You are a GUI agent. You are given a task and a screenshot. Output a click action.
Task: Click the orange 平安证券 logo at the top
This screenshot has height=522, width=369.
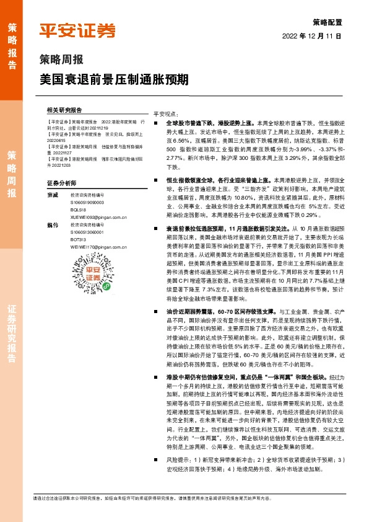tap(77, 30)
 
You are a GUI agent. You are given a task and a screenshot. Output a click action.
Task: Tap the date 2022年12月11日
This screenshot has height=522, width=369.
tap(316, 36)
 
